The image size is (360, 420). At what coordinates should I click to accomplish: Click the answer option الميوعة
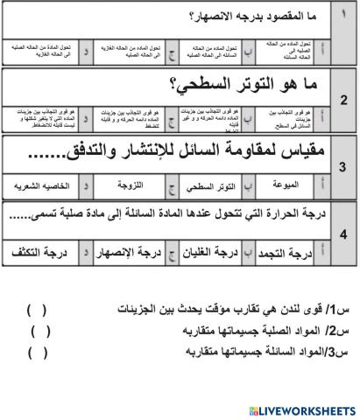[x=286, y=185]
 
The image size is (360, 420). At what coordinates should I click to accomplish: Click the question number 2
[x=344, y=100]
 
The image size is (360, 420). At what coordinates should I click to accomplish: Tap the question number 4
[x=344, y=234]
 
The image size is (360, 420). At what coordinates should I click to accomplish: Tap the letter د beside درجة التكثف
[x=85, y=255]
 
